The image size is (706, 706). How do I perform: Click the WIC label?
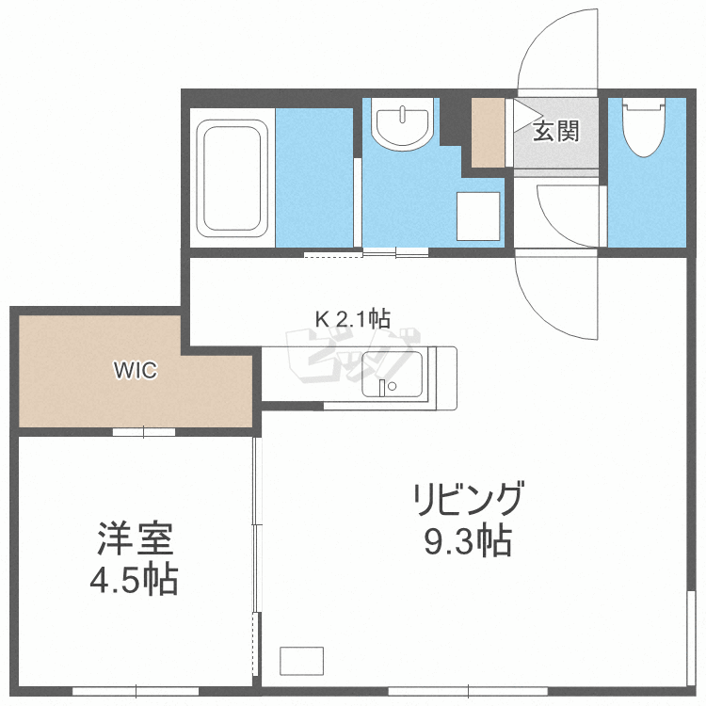[x=136, y=370]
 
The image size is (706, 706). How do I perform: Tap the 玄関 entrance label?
[x=556, y=131]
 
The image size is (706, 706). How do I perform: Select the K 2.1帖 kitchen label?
[x=352, y=318]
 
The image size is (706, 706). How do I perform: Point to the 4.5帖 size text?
[x=134, y=581]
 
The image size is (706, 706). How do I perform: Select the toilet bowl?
[x=645, y=126]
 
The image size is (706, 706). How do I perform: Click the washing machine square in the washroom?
[x=478, y=216]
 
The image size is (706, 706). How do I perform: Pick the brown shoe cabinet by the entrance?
[x=489, y=132]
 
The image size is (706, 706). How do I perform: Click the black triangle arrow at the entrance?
[x=521, y=115]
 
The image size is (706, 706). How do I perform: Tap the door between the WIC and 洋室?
[x=144, y=432]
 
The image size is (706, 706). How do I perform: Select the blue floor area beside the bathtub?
[x=313, y=176]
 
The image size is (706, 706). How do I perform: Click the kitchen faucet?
[x=384, y=386]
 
